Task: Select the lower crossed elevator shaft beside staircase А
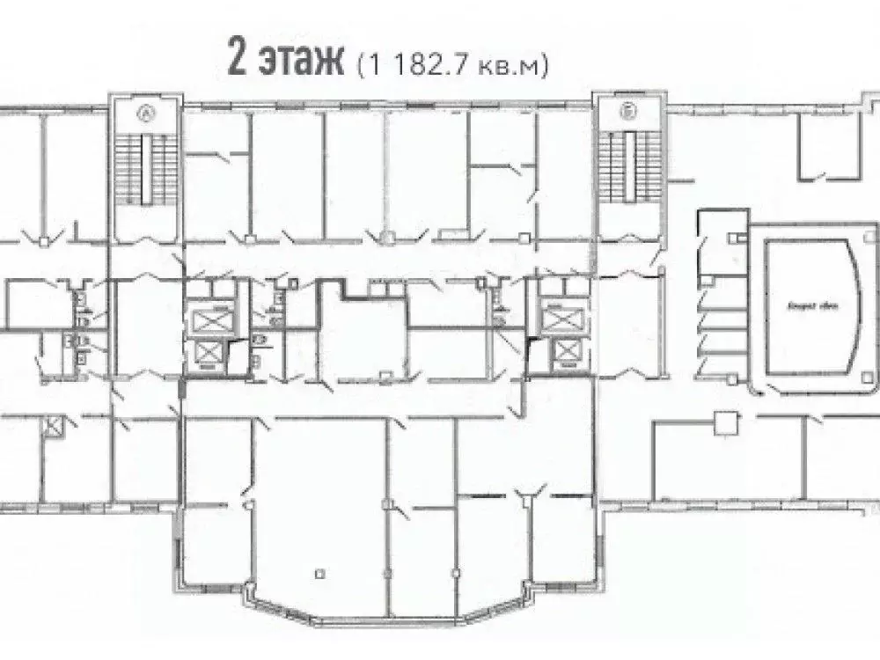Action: click(209, 353)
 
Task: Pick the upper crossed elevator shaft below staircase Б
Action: click(557, 315)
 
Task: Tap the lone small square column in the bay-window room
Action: click(319, 574)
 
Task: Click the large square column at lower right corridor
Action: click(725, 422)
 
